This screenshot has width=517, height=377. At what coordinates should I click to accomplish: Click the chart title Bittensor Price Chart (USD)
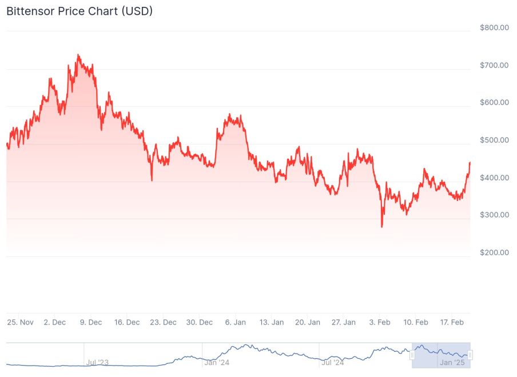click(79, 11)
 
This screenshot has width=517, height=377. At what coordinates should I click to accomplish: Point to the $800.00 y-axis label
click(494, 27)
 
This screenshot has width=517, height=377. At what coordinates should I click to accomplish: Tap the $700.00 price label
click(494, 65)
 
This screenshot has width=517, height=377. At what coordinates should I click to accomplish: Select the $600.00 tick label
click(494, 103)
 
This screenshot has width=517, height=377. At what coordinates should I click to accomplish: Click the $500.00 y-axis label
click(494, 140)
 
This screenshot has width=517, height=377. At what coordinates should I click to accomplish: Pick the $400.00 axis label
click(494, 178)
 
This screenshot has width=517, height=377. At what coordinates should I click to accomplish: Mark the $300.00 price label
click(494, 215)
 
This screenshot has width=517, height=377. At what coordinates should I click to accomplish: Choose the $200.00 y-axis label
click(494, 252)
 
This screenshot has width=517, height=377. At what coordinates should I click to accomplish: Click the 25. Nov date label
click(20, 322)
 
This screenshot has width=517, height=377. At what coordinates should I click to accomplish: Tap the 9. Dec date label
click(91, 322)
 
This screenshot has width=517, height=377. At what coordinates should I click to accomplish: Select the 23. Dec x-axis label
click(163, 322)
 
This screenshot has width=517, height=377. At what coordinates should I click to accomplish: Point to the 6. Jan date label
click(236, 322)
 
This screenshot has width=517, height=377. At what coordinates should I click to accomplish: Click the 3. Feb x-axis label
click(380, 322)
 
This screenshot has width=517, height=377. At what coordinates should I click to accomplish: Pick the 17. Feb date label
click(452, 322)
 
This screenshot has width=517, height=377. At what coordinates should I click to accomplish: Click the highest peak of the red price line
click(78, 55)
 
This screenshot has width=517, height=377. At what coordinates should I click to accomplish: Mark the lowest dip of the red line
click(382, 227)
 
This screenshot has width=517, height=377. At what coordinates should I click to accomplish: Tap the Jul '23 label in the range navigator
click(97, 362)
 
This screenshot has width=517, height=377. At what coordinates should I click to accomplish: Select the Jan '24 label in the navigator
click(217, 362)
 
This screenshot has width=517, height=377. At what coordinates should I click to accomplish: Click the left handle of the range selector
click(412, 355)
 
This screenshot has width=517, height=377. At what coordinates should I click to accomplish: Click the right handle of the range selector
click(470, 355)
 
